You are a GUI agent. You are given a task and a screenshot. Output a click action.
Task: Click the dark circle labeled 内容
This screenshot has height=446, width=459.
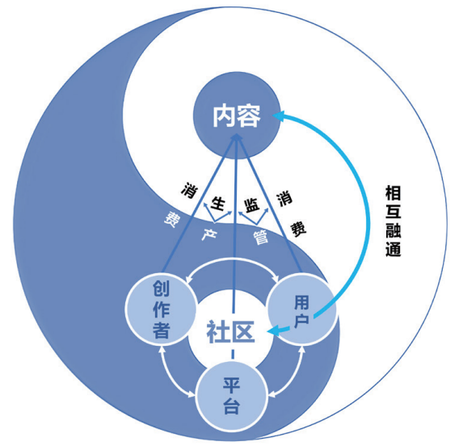(x=237, y=116)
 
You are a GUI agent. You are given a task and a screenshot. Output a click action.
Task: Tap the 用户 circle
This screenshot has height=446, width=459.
(x=302, y=309)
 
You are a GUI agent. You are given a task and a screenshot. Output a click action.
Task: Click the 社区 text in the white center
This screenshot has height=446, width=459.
(x=230, y=332)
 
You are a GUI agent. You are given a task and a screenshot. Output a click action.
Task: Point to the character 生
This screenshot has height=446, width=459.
(x=219, y=204)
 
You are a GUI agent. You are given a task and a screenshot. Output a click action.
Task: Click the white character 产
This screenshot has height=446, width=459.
(x=209, y=234)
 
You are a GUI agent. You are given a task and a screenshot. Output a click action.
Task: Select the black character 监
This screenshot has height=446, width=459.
(x=252, y=205)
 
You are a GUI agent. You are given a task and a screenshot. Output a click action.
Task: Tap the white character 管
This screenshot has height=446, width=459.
(x=260, y=237)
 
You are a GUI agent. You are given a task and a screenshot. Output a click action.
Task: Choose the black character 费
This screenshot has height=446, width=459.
(x=298, y=229)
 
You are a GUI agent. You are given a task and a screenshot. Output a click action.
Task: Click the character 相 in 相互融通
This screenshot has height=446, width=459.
(x=393, y=193)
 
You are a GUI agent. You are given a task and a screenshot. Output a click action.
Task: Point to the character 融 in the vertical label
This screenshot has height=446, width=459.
(x=393, y=230)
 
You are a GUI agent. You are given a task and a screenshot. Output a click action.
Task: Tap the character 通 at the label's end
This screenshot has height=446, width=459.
(x=393, y=249)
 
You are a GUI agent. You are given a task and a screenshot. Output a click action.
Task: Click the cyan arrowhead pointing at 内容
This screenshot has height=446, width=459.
(x=278, y=116)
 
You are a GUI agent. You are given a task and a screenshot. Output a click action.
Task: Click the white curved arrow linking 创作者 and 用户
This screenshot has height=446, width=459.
(x=233, y=259)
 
